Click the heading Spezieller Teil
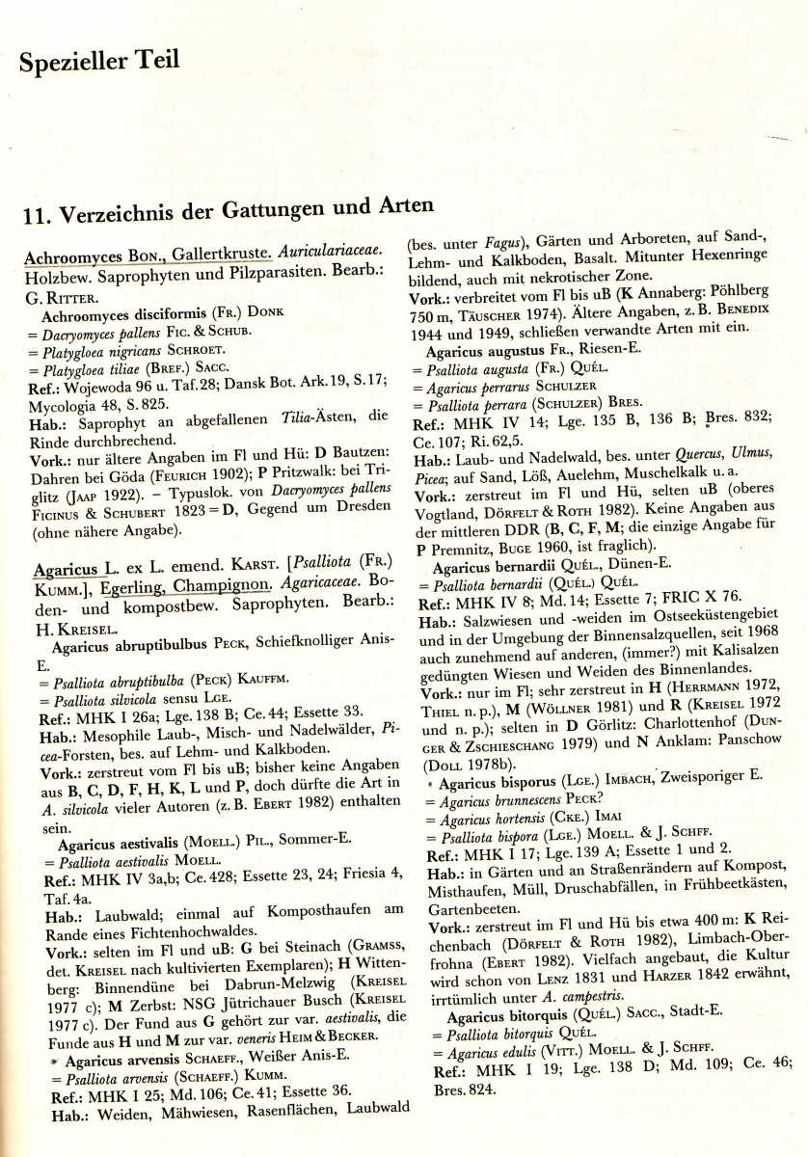pos(99,61)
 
